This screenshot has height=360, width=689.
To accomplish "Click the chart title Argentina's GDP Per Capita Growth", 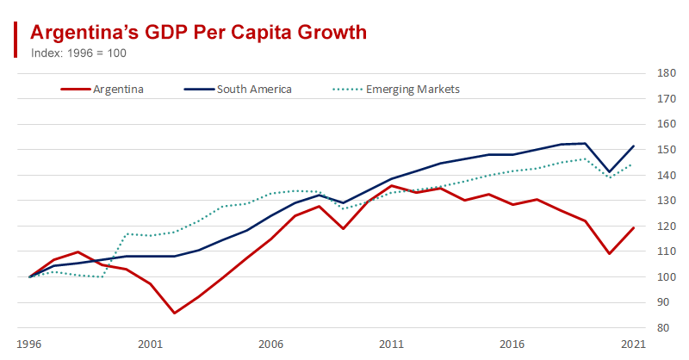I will (x=199, y=32).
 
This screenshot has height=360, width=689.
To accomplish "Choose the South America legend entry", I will (x=254, y=89).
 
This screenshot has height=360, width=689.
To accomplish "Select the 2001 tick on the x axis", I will (x=150, y=342).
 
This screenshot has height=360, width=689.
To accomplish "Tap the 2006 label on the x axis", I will (x=271, y=342).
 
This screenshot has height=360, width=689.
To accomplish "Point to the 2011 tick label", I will (x=392, y=342).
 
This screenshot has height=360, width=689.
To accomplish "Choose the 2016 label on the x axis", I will (x=512, y=342).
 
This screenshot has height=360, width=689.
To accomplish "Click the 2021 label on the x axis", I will (x=633, y=342).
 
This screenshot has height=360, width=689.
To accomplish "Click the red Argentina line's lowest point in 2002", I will (x=175, y=313).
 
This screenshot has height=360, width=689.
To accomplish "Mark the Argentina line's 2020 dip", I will (x=610, y=253).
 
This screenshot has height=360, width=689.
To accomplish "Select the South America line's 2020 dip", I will (x=610, y=171).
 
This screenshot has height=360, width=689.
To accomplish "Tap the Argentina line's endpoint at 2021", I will (x=634, y=227).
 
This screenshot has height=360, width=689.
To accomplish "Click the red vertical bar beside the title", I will (x=16, y=40).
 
